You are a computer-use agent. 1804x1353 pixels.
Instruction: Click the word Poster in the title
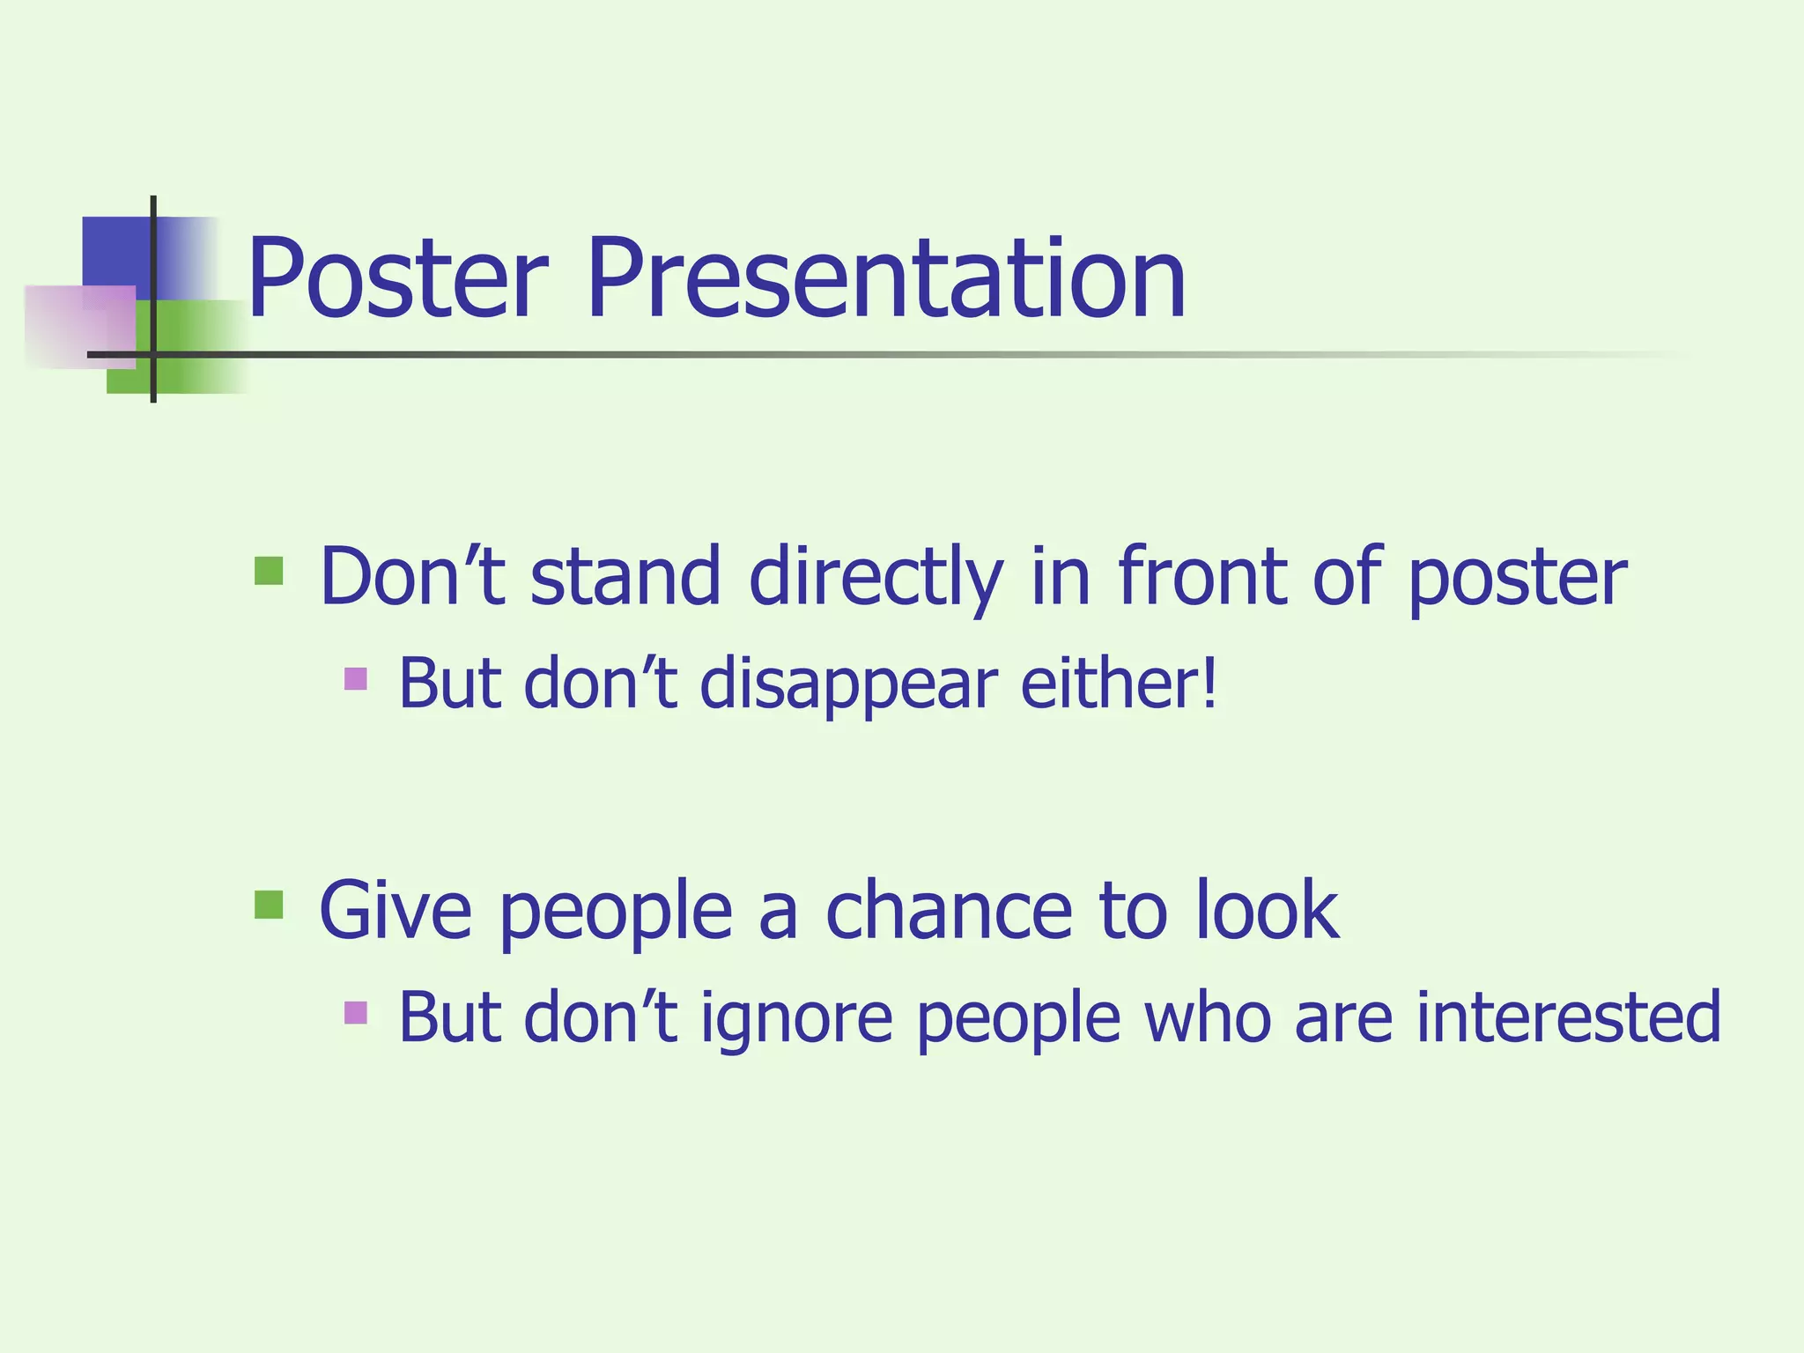click(x=397, y=279)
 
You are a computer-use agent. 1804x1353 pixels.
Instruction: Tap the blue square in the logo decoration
click(x=115, y=251)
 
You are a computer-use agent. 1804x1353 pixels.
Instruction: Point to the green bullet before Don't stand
click(x=269, y=571)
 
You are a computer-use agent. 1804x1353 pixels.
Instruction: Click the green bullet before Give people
click(x=269, y=905)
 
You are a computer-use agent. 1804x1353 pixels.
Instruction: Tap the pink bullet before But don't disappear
click(x=356, y=678)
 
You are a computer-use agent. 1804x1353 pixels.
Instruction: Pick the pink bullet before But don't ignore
click(x=356, y=1012)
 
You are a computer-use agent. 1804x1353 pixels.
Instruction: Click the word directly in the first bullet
click(x=876, y=578)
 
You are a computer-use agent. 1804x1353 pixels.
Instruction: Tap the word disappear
click(x=849, y=685)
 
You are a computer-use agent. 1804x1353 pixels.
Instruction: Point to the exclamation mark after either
click(x=1210, y=682)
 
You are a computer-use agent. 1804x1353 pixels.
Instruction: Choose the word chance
click(x=950, y=911)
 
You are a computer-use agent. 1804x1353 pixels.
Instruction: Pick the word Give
click(x=396, y=911)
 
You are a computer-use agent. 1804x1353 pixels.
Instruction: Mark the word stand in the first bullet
click(x=625, y=577)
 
